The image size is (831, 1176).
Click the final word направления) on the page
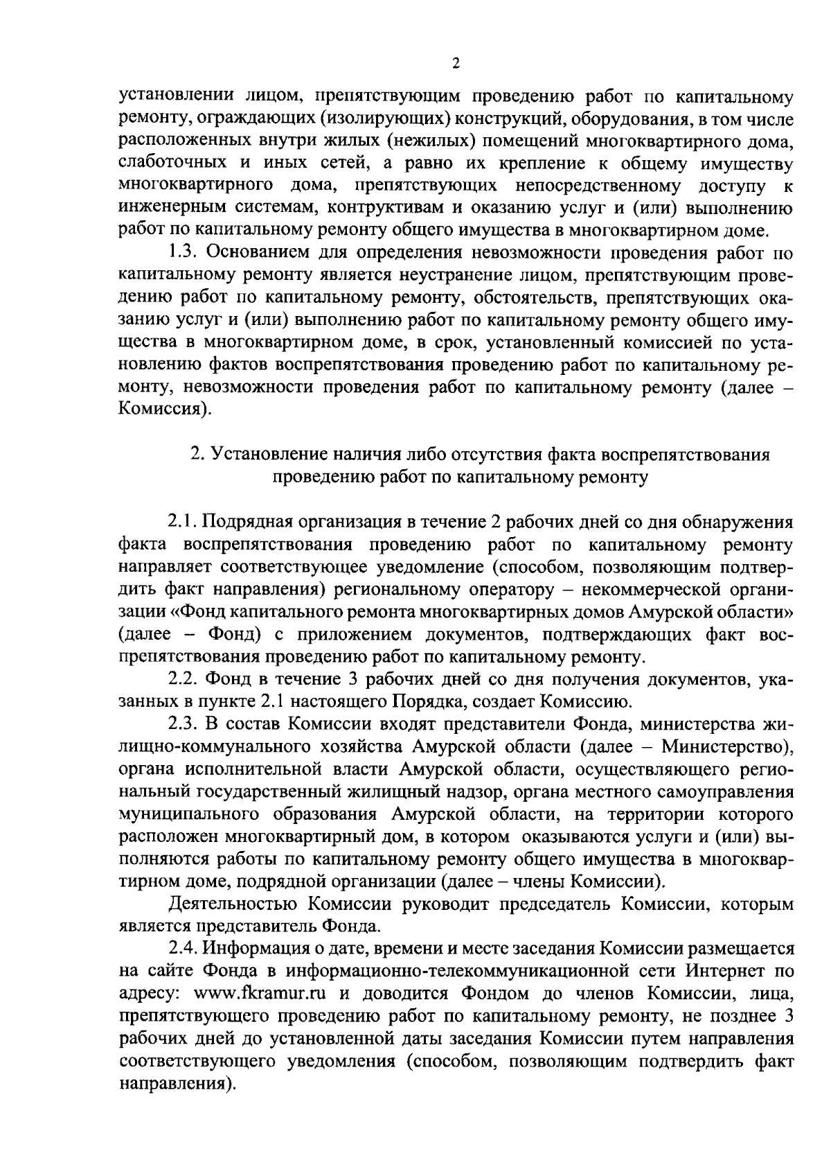coord(174,1082)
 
